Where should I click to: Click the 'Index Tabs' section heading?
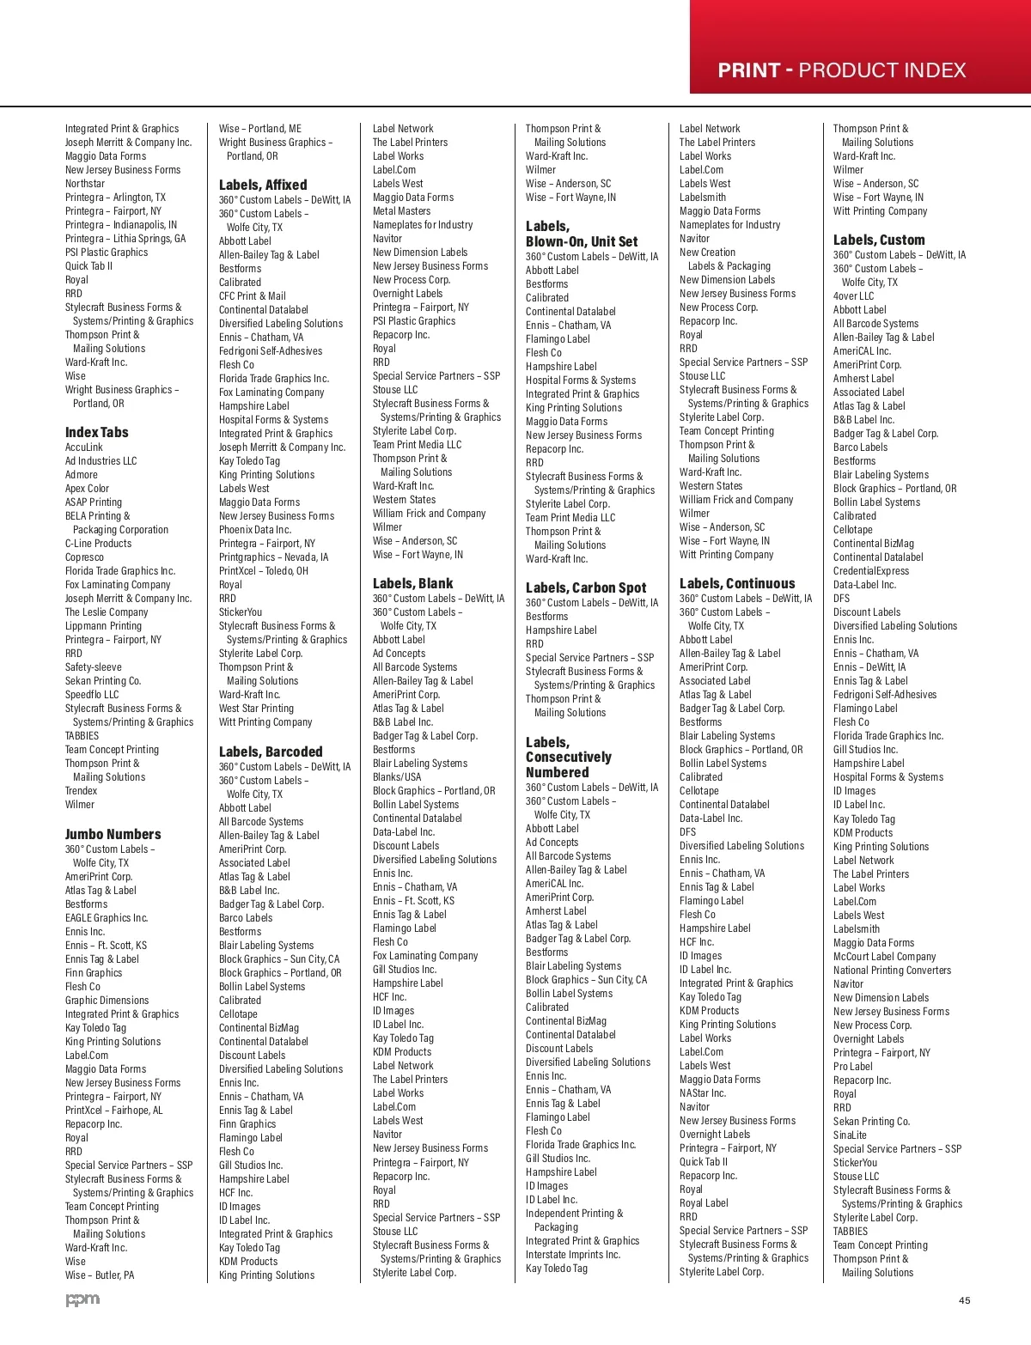click(96, 432)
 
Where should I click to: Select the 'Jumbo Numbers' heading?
click(113, 834)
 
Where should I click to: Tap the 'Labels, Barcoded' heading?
click(271, 752)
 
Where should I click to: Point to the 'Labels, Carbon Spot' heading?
click(585, 587)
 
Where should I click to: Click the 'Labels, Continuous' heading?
click(737, 583)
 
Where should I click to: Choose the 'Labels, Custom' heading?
click(879, 240)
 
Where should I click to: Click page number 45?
click(964, 1300)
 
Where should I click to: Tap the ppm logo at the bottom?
click(82, 1299)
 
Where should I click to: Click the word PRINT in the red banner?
click(749, 70)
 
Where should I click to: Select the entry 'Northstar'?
click(85, 184)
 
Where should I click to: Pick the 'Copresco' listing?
click(84, 557)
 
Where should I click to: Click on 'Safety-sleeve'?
click(94, 667)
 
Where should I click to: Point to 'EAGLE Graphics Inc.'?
click(107, 918)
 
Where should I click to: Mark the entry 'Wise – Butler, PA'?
click(100, 1275)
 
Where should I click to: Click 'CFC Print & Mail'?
click(253, 296)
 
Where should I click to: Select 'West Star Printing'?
click(256, 709)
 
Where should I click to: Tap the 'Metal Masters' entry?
click(401, 211)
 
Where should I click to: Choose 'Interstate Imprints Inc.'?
click(572, 1255)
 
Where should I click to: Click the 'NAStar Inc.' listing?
click(702, 1093)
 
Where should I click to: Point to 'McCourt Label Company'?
click(884, 957)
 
